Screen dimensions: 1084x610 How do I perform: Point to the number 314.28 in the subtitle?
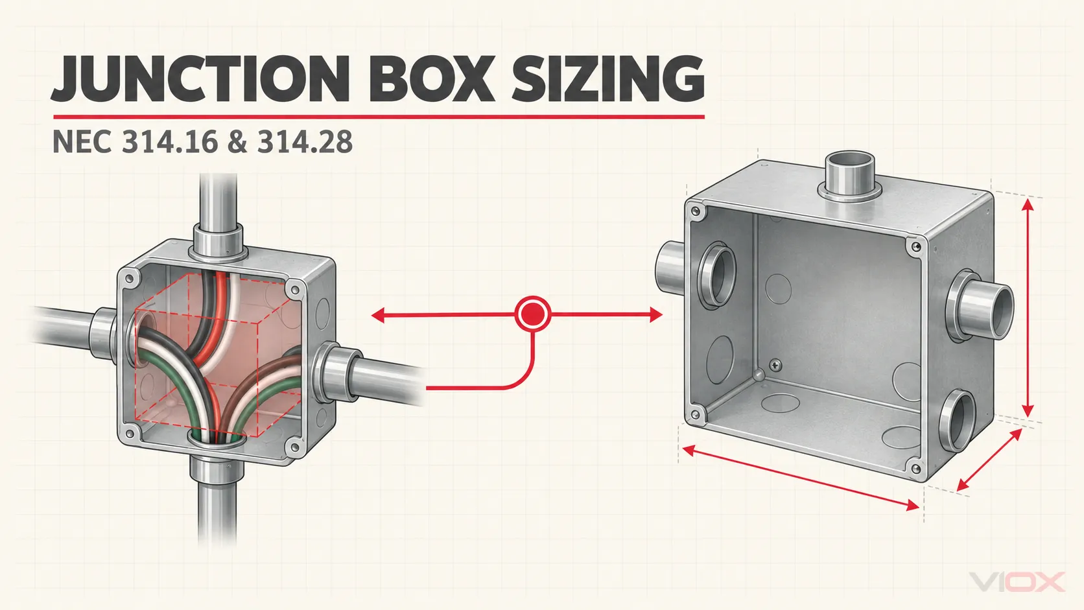(x=305, y=142)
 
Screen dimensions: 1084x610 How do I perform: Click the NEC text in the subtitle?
(x=82, y=142)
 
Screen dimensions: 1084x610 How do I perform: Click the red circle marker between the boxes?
(x=533, y=314)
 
